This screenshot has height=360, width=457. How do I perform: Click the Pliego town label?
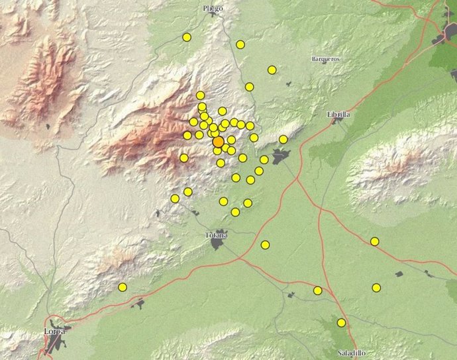[213, 9]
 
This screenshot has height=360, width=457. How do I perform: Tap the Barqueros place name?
[326, 59]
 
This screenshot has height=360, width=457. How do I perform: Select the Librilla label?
[338, 114]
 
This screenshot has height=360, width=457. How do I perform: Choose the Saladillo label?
[350, 353]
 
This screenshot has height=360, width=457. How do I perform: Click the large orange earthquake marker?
[218, 142]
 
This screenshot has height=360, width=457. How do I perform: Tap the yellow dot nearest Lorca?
[123, 287]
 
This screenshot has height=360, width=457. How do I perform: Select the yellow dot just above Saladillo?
[341, 323]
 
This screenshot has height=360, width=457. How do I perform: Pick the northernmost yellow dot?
[187, 37]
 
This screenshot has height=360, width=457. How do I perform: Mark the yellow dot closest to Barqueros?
[272, 69]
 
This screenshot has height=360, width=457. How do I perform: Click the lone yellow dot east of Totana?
[265, 245]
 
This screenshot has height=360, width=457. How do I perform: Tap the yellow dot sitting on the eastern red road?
[374, 242]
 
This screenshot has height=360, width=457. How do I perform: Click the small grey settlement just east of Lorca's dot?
[138, 304]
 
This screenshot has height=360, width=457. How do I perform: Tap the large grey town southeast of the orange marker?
[281, 157]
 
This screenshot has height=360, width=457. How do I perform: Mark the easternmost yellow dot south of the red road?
[376, 288]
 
